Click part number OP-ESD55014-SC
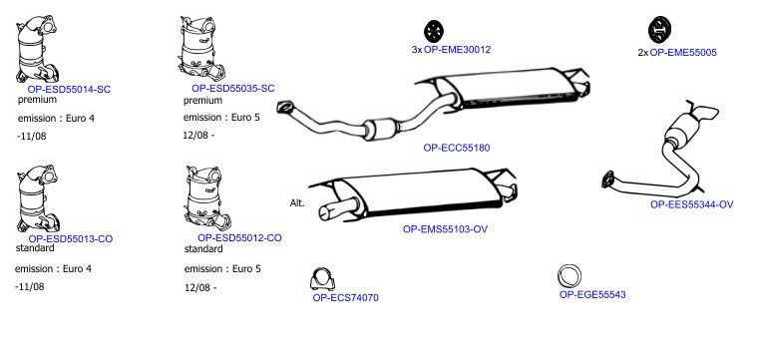tap(69, 90)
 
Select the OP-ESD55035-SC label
tap(232, 89)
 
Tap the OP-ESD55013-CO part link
tap(71, 238)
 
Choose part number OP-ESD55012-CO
tap(239, 238)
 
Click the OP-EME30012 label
tap(457, 50)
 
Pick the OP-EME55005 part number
tap(683, 53)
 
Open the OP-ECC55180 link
tap(457, 148)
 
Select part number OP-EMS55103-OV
tap(445, 229)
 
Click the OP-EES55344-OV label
tap(691, 205)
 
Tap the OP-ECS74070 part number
tap(345, 298)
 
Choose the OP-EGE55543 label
tap(592, 294)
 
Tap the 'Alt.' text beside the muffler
tap(297, 203)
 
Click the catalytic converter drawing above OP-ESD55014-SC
tap(37, 49)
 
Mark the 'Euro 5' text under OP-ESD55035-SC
tap(245, 118)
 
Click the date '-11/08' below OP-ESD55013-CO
tap(30, 286)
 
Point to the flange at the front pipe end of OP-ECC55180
tap(285, 108)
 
